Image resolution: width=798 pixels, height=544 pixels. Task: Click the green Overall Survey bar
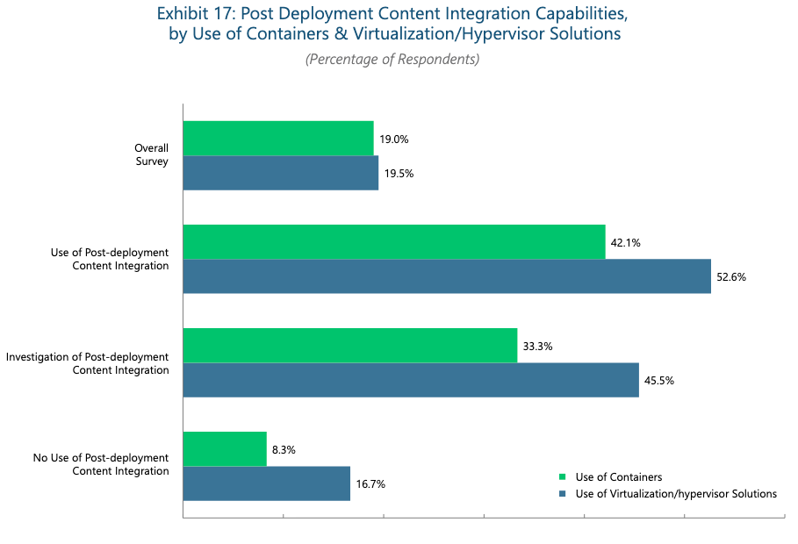278,139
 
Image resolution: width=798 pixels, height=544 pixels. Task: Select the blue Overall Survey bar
281,173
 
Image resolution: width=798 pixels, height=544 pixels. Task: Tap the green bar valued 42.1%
394,242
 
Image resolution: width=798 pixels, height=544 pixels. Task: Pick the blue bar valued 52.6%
447,276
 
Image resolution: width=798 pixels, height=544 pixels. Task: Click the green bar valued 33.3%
350,346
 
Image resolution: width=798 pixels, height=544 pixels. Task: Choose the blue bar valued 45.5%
411,380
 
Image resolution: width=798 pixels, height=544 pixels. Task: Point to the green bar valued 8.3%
225,449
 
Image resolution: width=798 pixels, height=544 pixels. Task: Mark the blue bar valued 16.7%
267,483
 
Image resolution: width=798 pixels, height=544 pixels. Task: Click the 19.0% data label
394,140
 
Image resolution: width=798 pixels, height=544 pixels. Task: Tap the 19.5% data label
399,174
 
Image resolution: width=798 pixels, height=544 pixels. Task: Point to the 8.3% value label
284,450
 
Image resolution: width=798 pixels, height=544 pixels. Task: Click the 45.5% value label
659,381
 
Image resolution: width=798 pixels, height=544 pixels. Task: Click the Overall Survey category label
151,154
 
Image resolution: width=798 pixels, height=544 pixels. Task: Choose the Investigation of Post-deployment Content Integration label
87,363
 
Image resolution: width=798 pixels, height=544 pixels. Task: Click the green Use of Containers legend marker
562,477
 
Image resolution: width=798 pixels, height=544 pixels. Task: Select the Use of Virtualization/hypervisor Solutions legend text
676,494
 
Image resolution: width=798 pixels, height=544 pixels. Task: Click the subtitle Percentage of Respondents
392,60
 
